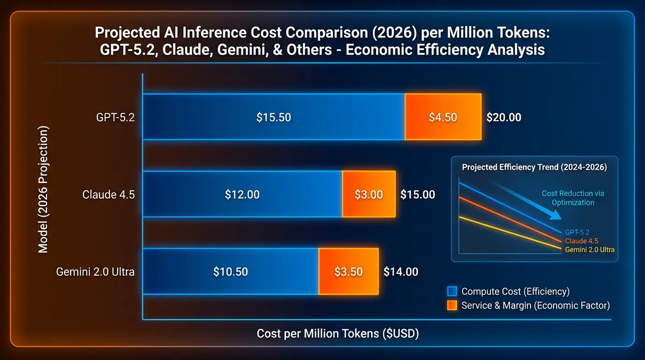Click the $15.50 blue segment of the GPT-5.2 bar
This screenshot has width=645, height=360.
(274, 117)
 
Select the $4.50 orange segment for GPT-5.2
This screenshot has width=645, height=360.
(443, 117)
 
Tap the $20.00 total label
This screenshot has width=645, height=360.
(503, 117)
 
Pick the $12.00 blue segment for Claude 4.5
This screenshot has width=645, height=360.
(242, 195)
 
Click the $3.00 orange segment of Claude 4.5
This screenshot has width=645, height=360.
(369, 195)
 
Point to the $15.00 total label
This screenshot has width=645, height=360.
(418, 195)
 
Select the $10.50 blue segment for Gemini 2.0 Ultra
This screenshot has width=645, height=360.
(231, 271)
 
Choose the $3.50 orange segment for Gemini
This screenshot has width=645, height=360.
(348, 271)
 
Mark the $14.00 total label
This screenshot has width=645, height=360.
(401, 271)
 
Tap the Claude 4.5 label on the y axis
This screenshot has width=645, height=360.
(108, 195)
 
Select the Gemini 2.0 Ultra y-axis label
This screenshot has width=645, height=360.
(95, 271)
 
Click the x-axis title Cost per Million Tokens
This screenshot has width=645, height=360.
(337, 334)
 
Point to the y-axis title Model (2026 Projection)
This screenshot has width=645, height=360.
(43, 189)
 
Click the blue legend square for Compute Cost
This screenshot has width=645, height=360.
(452, 291)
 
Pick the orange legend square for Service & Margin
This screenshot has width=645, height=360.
(452, 306)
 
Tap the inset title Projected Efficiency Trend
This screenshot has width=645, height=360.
(534, 167)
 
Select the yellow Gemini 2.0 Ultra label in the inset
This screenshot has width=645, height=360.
(590, 250)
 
